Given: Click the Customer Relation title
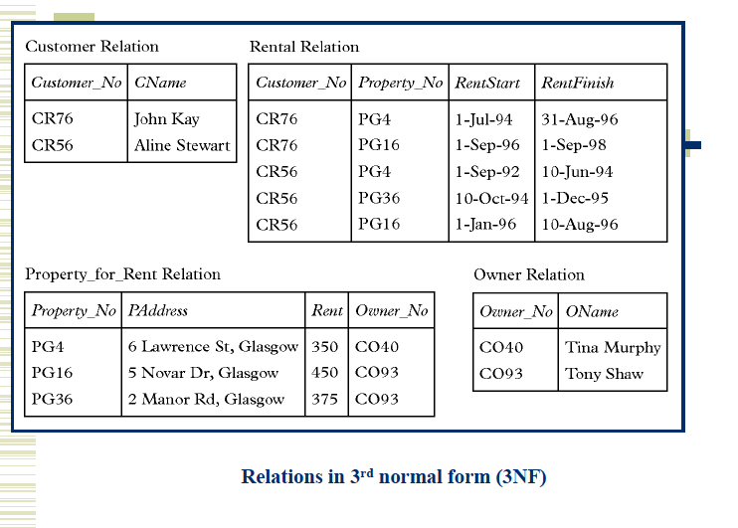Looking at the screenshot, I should (92, 47).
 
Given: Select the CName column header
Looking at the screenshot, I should (160, 83).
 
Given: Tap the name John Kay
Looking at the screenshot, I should (166, 119).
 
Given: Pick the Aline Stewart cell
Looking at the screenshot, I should (182, 145).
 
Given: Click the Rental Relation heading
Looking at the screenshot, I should (304, 47).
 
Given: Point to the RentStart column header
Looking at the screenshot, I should (487, 83).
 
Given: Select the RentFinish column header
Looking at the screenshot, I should (578, 83).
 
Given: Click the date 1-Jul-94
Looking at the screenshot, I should (483, 119).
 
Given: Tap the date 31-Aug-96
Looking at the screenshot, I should (580, 119).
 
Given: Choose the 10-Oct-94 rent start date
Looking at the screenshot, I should (491, 198).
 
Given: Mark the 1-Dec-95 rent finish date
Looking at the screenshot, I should (575, 198).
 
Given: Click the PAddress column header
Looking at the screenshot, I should (157, 311).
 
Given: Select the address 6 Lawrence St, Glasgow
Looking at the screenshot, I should (213, 347).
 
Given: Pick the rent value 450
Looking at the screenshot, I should (324, 373).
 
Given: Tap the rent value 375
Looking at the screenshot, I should (324, 399).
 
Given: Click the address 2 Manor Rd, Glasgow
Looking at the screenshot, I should (206, 399).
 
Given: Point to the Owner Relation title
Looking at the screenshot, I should (529, 274).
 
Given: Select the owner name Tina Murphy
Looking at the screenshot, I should (613, 347).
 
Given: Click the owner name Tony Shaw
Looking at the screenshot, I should (604, 374).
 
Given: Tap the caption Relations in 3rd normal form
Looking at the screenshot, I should (394, 477).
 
